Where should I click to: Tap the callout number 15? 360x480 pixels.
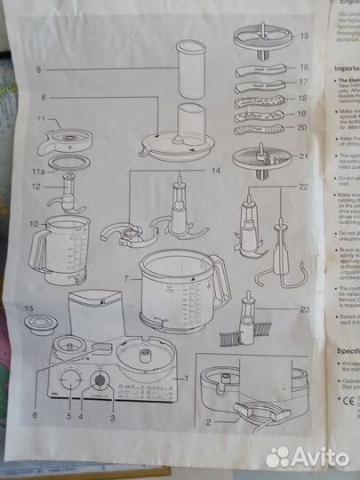(304, 36)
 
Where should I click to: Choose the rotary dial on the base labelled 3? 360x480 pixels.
(100, 381)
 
